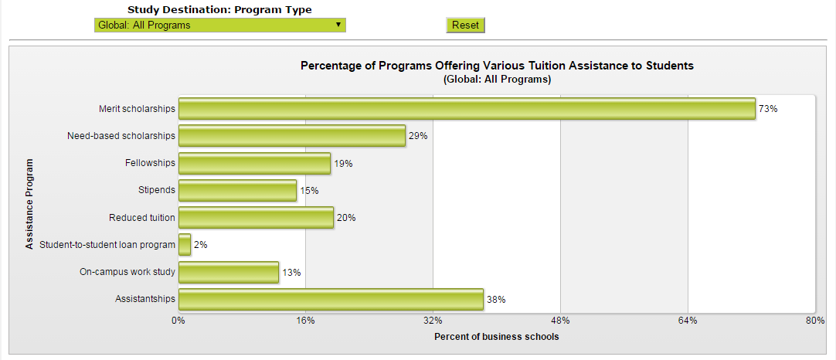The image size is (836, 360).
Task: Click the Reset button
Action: [465, 25]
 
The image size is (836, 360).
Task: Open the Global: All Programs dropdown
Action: [220, 25]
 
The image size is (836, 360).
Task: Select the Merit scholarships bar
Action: [467, 109]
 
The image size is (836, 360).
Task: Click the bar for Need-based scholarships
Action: [292, 136]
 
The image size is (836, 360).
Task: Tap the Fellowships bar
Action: [254, 164]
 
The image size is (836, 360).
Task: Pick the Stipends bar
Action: [237, 191]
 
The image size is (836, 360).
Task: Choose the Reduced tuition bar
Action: [256, 218]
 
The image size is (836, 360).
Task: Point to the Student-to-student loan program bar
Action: [185, 245]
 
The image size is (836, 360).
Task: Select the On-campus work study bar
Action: [229, 272]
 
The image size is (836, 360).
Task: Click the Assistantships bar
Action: [331, 300]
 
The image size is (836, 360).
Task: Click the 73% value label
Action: [768, 109]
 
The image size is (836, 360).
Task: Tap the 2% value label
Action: [201, 245]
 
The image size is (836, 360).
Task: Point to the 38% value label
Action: [496, 300]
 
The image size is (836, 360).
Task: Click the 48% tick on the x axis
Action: [560, 321]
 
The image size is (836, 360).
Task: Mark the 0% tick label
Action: [178, 321]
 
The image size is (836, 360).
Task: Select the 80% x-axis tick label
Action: [815, 321]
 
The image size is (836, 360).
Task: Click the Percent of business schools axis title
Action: [496, 337]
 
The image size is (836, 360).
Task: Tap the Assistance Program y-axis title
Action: [29, 204]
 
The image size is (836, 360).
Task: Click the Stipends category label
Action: [156, 190]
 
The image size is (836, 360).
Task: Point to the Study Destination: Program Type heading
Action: [219, 10]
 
